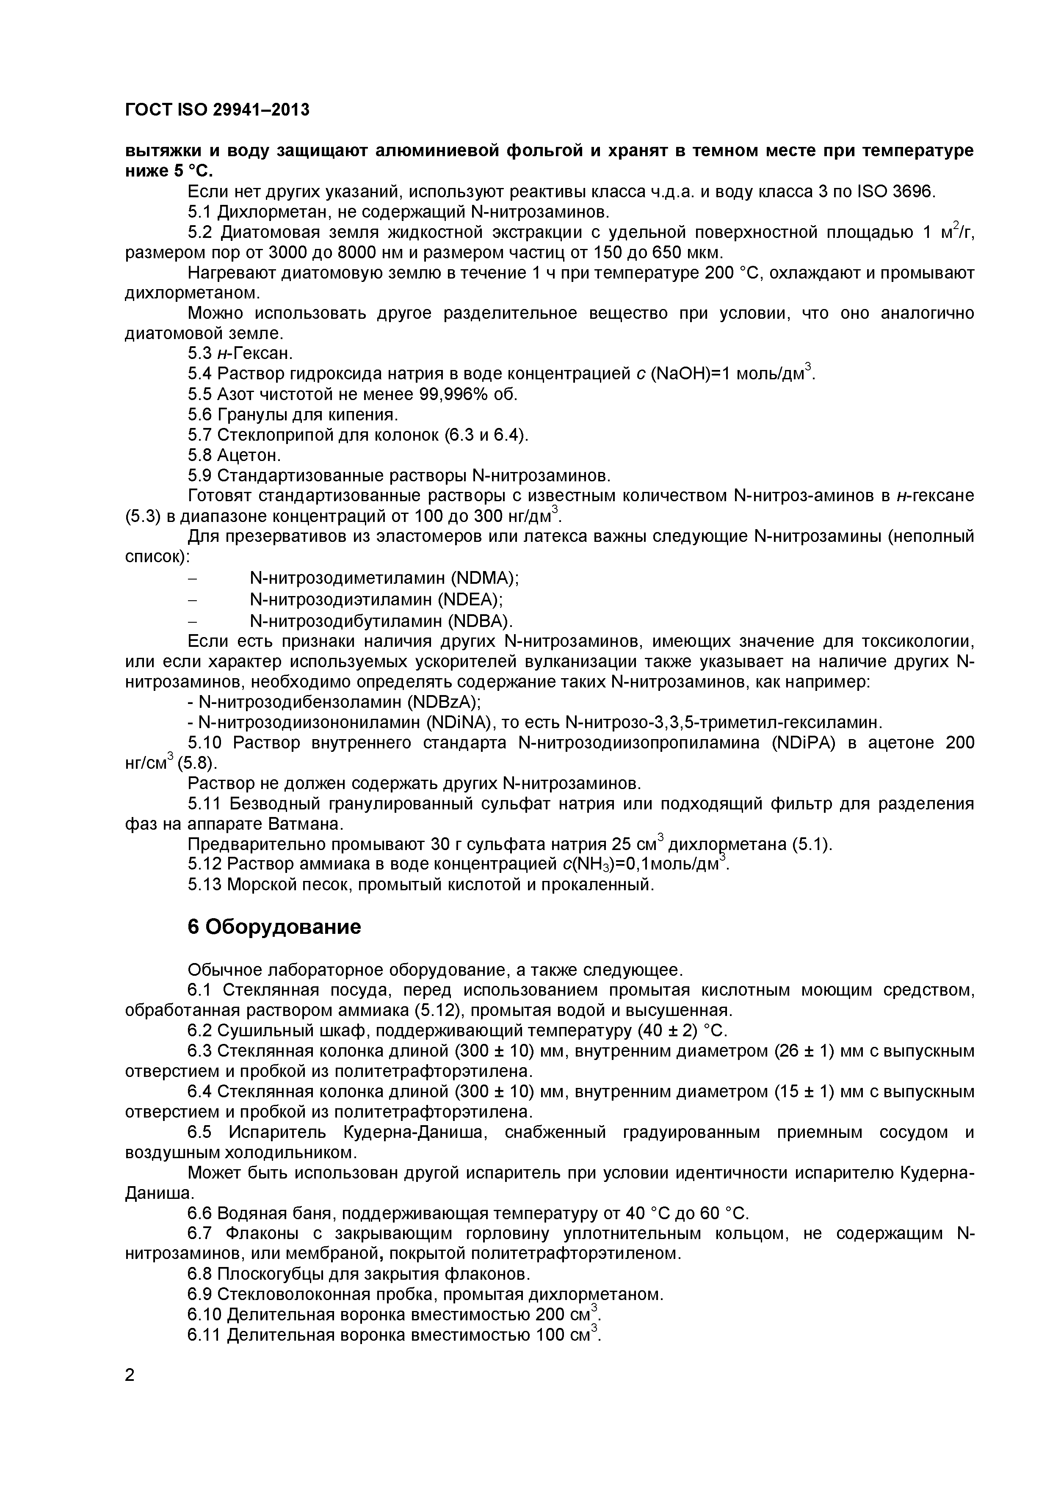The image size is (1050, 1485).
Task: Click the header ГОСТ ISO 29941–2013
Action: click(217, 110)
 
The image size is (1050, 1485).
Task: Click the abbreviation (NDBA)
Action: click(478, 621)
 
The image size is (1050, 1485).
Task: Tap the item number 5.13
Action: click(204, 884)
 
